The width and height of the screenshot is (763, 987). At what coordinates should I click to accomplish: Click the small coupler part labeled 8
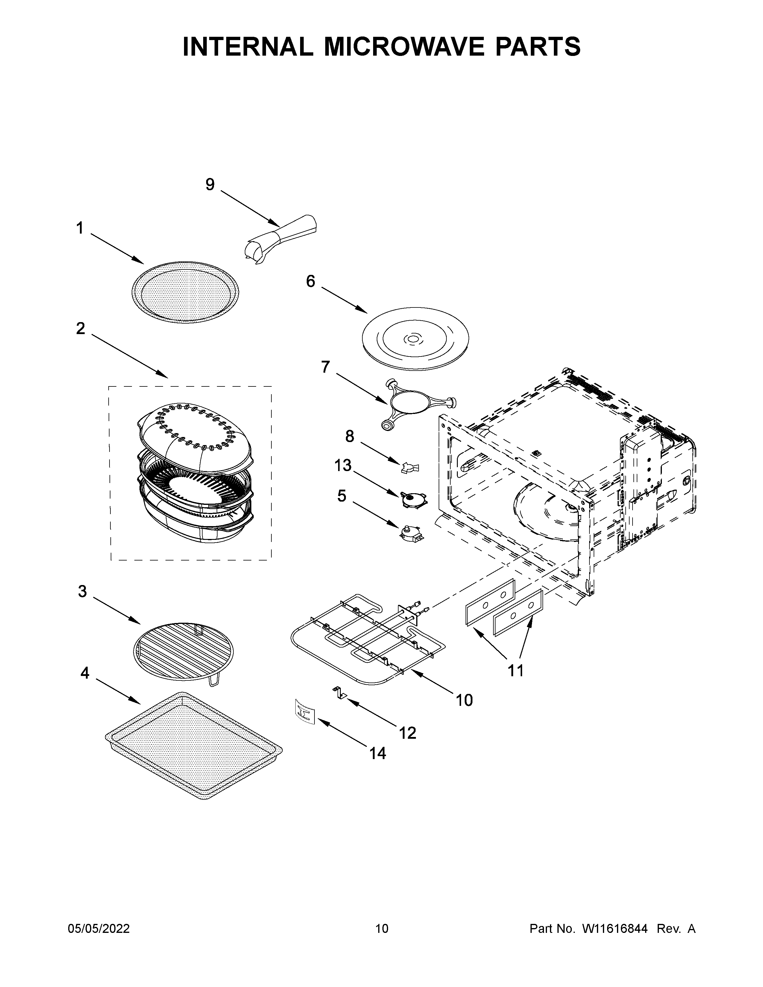[410, 467]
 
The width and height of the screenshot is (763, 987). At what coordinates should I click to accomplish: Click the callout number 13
[343, 465]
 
